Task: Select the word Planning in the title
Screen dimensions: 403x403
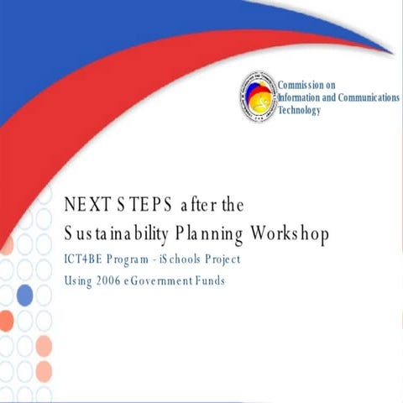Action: click(228, 233)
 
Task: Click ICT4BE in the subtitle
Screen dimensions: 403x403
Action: click(85, 259)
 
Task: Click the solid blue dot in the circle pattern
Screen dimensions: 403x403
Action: click(25, 295)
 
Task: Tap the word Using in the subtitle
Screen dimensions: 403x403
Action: click(79, 280)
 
